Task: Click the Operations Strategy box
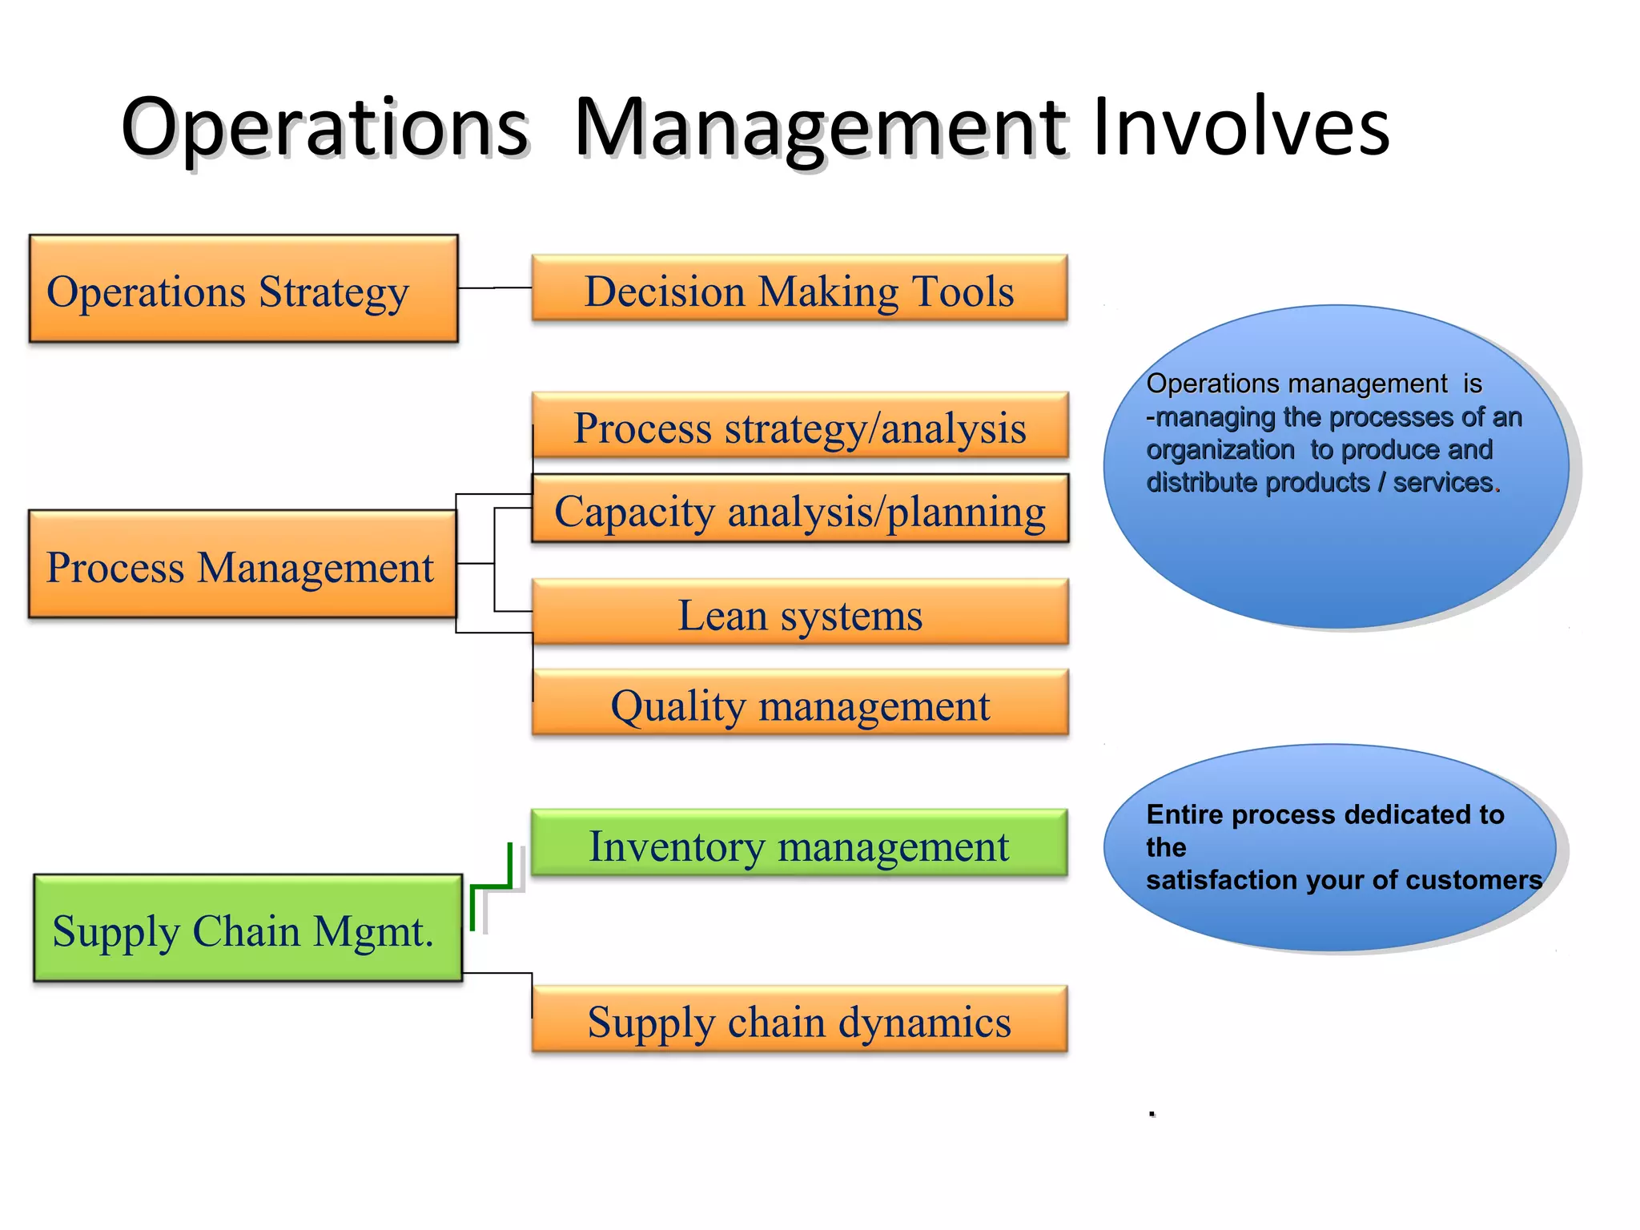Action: click(243, 289)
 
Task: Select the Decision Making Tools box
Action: click(799, 289)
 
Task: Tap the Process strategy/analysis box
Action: click(799, 426)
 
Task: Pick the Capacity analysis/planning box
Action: click(799, 509)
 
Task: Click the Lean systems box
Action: click(799, 613)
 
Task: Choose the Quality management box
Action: click(799, 704)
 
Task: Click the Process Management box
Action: click(242, 565)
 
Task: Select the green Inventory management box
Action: click(798, 843)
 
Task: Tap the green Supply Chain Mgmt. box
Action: click(247, 929)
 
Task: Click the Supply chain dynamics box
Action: click(799, 1019)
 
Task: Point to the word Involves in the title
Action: click(1240, 127)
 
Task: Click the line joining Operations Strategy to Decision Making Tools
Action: click(494, 288)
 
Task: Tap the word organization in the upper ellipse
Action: click(1220, 450)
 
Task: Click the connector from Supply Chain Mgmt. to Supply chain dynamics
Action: click(498, 973)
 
